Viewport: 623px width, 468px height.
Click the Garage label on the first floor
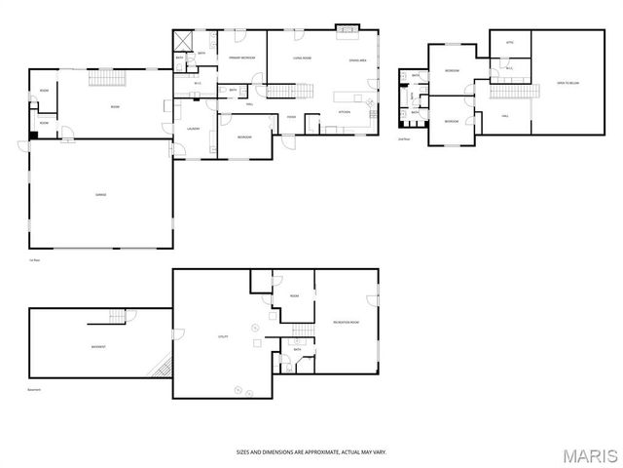tap(100, 195)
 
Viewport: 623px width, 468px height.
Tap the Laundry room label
tap(193, 128)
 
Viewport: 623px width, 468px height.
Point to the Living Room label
tap(302, 59)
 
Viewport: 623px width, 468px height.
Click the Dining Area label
tap(357, 59)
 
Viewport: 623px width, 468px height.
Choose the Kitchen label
tap(344, 112)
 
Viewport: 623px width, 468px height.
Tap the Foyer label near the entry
tap(291, 117)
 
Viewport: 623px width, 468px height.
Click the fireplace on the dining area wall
tap(347, 29)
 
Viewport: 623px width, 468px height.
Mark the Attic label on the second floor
tap(509, 43)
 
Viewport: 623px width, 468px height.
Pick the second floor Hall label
tap(505, 116)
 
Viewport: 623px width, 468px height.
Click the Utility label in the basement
tap(222, 336)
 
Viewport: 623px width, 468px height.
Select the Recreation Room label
tap(346, 321)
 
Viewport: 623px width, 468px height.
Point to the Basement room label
tap(98, 347)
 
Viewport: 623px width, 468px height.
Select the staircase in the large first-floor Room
tap(103, 79)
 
